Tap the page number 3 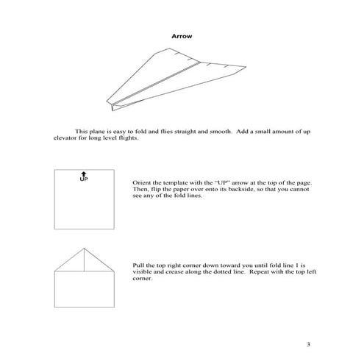tap(310, 343)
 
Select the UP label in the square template tap(83, 179)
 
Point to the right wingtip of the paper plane tap(245, 68)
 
